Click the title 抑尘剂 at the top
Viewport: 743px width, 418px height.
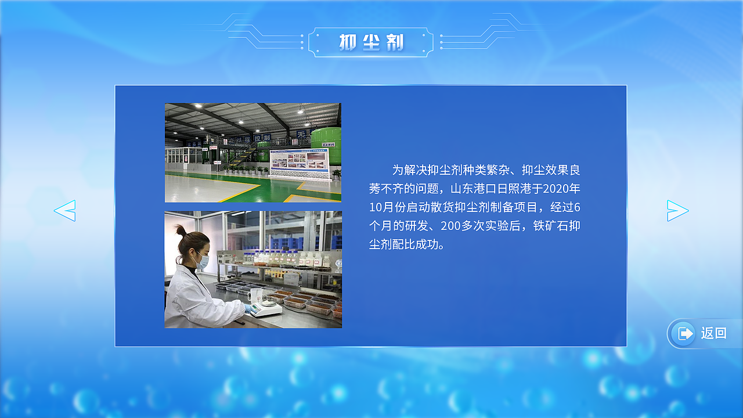[371, 42]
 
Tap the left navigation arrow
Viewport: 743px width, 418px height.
[65, 210]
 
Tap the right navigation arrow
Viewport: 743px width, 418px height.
[677, 210]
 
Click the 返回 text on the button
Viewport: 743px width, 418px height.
[713, 333]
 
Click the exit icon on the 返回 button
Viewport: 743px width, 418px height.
[686, 334]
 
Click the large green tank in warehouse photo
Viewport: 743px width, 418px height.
[326, 139]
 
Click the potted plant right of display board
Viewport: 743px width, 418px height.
[336, 174]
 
